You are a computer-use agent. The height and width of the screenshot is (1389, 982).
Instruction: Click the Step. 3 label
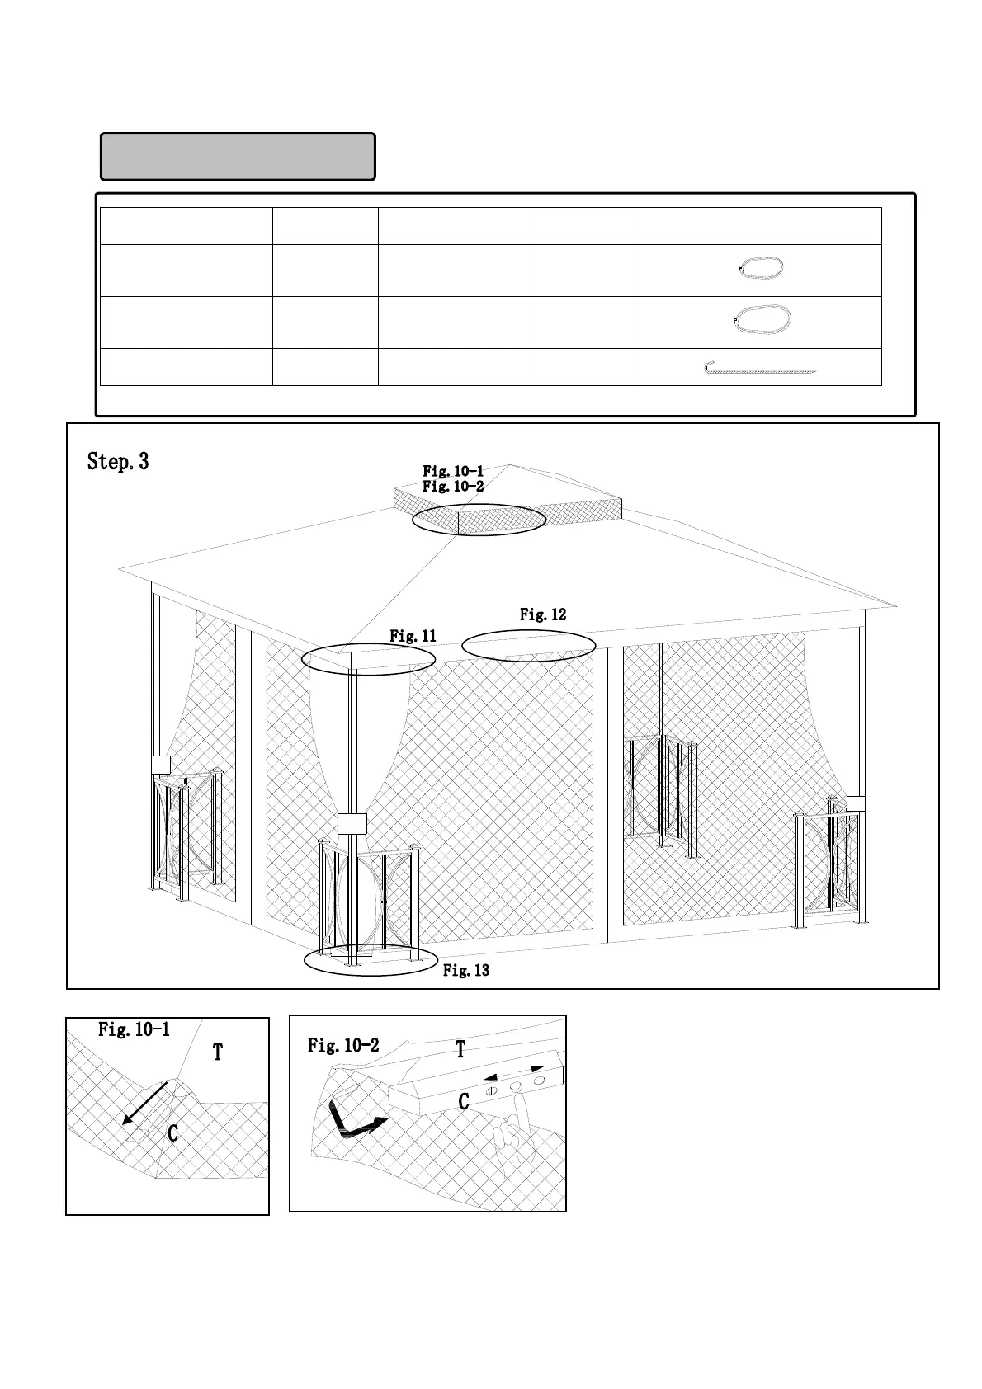118,462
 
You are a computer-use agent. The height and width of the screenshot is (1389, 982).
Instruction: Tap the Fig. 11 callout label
413,636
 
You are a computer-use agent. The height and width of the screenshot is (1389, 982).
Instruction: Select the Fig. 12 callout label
543,614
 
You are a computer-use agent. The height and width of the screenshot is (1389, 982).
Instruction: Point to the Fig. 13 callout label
466,971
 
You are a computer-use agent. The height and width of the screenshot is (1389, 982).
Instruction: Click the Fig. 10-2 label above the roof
453,487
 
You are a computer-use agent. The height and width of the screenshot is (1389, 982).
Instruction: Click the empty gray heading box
238,156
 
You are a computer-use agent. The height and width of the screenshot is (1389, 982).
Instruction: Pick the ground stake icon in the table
759,368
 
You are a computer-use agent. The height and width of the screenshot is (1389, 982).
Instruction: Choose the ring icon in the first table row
762,269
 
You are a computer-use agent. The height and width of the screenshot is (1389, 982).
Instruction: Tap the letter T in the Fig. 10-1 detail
218,1052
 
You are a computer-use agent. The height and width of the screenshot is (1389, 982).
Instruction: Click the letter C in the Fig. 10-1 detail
172,1134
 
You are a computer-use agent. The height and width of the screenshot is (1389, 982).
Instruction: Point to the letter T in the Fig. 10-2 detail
460,1050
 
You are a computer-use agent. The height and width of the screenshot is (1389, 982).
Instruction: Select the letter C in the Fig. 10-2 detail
464,1102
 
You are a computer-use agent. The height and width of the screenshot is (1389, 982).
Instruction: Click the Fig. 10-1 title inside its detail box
134,1029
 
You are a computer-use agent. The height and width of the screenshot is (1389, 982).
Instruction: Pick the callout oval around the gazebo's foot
371,959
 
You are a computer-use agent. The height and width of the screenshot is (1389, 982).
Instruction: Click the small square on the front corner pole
352,823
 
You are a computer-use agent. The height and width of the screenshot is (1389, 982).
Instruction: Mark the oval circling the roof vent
479,520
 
